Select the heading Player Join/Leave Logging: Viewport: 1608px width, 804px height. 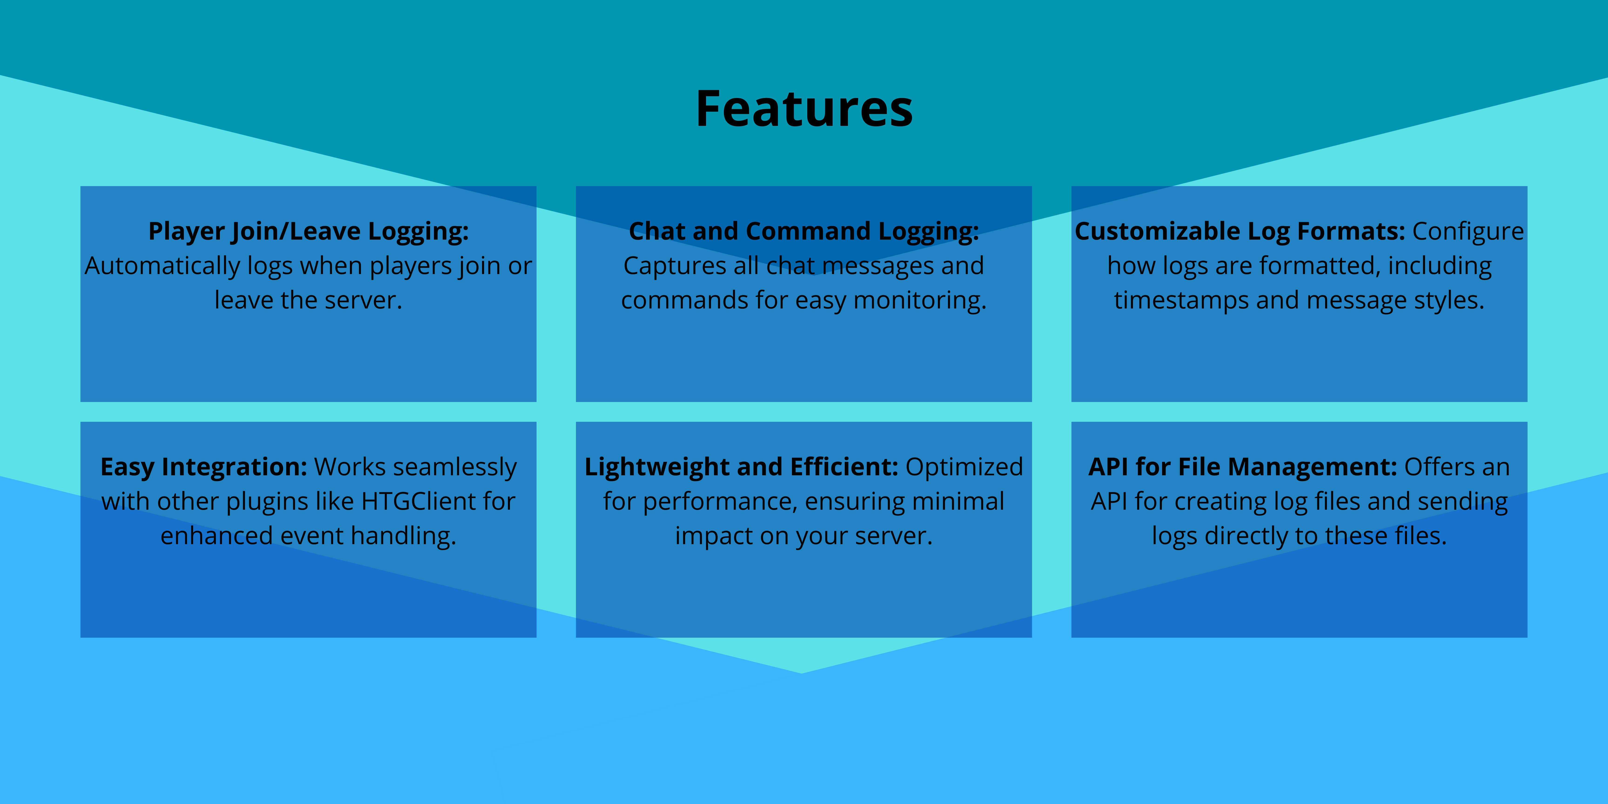click(x=308, y=231)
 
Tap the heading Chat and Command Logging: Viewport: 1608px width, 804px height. click(x=803, y=231)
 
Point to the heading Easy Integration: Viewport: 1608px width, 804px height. click(x=204, y=467)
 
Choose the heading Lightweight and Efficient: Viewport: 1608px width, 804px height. click(x=741, y=467)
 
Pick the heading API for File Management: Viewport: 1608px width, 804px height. click(x=1242, y=467)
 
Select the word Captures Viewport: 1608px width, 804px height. click(x=674, y=266)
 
